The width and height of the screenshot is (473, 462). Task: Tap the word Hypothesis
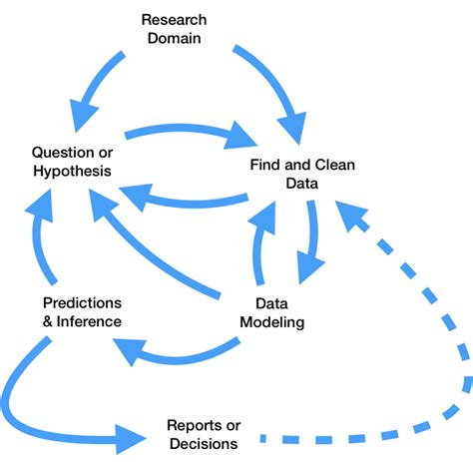pyautogui.click(x=71, y=172)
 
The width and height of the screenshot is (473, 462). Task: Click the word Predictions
pyautogui.click(x=83, y=302)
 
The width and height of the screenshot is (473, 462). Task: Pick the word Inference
pyautogui.click(x=90, y=321)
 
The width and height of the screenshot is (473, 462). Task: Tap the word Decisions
pyautogui.click(x=203, y=444)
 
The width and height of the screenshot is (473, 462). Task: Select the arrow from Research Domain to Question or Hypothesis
pyautogui.click(x=95, y=80)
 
